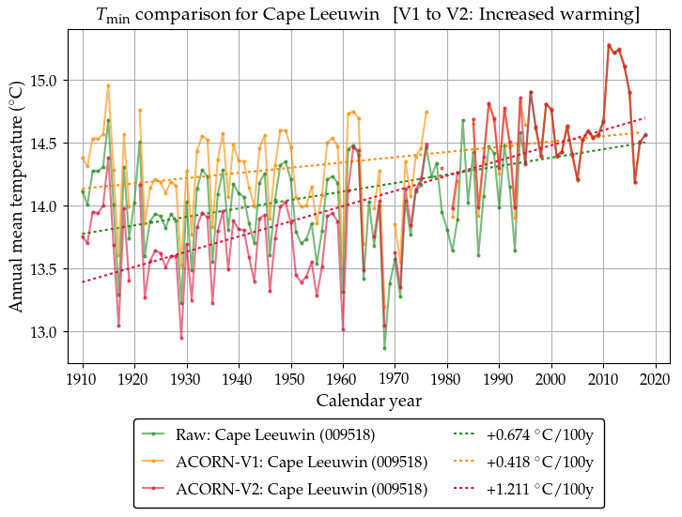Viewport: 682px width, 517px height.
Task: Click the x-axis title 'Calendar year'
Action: (x=368, y=401)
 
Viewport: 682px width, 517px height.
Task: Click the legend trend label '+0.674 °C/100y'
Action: (x=539, y=435)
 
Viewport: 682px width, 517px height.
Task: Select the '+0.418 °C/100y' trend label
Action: (x=539, y=463)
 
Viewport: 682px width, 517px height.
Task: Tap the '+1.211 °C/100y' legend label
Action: (x=539, y=490)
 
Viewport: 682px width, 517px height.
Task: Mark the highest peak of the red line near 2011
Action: (x=609, y=45)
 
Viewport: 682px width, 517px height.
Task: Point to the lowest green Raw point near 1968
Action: (x=384, y=348)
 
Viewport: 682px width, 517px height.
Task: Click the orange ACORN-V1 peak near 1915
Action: (x=108, y=85)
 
